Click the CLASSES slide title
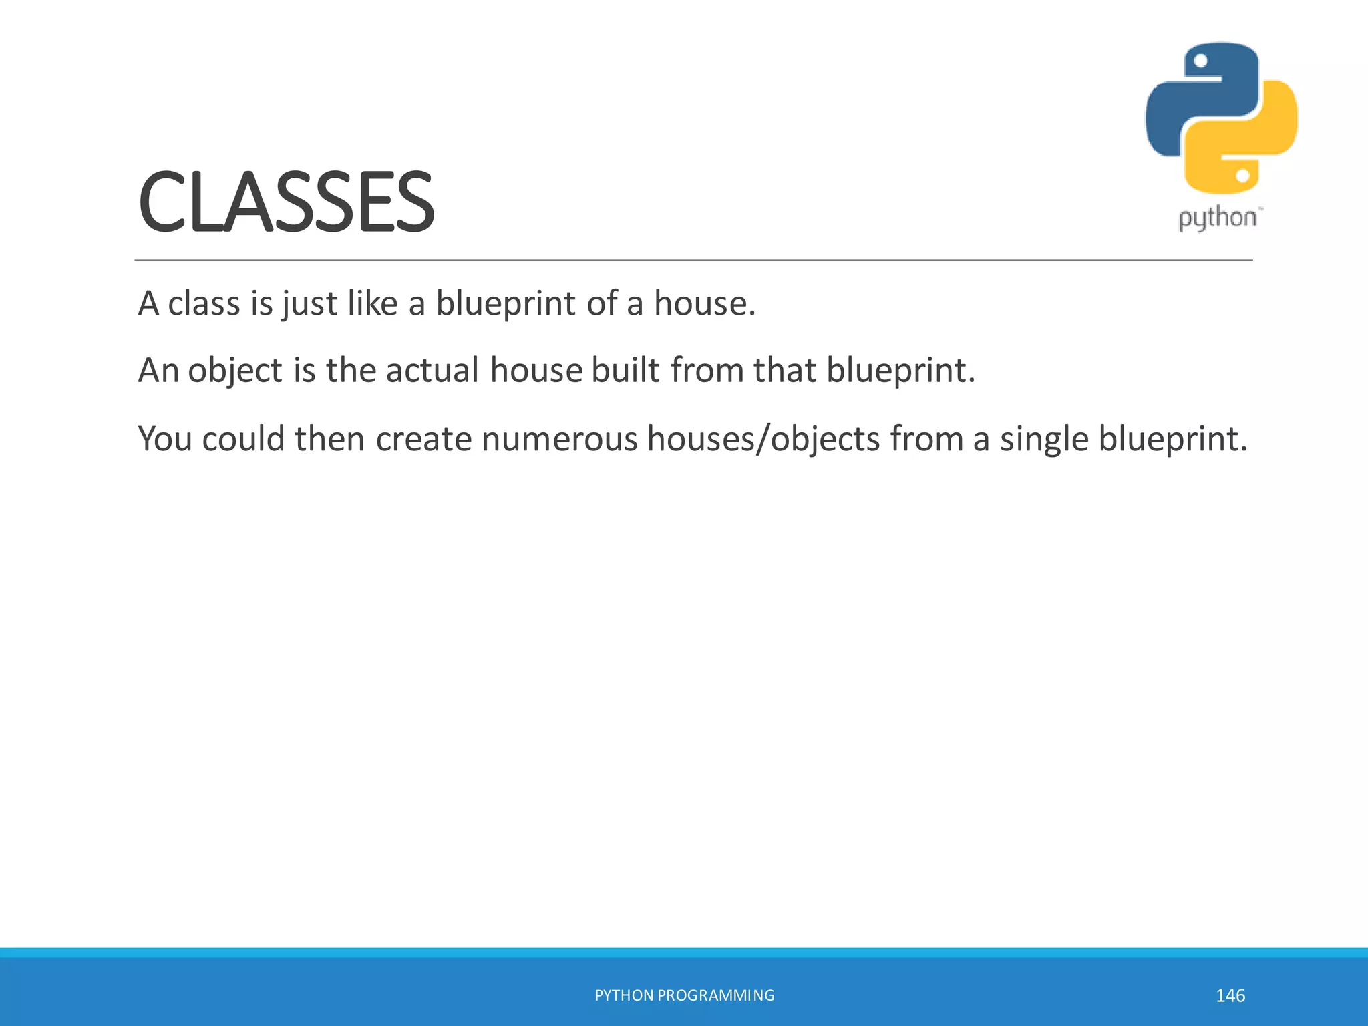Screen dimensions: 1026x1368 pos(286,202)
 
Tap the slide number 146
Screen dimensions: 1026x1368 pos(1230,995)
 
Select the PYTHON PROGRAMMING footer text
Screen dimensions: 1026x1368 pos(684,995)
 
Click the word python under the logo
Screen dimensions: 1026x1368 pos(1217,218)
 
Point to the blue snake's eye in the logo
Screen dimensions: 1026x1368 pos(1200,61)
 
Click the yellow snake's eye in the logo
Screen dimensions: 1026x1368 pos(1242,176)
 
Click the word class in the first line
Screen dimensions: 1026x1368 pos(203,303)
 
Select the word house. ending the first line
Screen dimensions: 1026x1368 pos(704,303)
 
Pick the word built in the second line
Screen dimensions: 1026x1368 pos(625,371)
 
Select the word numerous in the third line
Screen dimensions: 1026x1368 pos(559,440)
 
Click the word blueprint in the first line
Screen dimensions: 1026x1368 pos(506,303)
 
